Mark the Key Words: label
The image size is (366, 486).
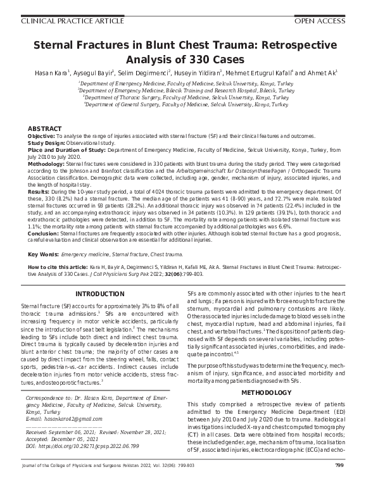pos(43,254)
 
